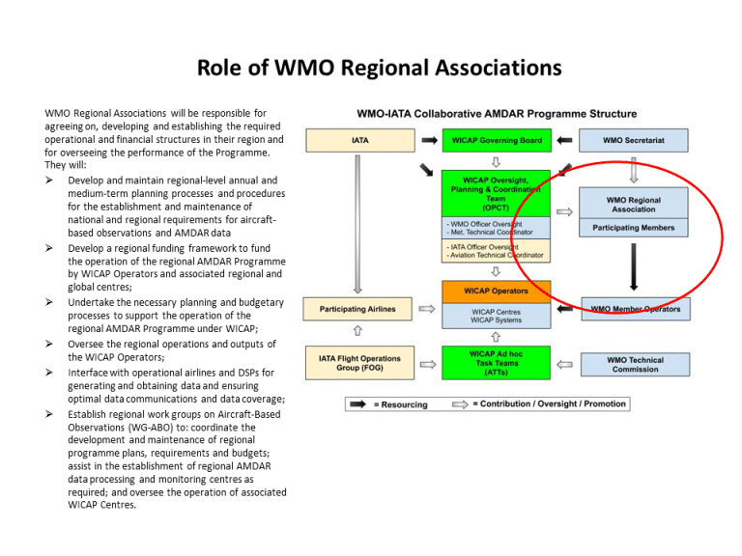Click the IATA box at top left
(358, 141)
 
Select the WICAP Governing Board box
(496, 141)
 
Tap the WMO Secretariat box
(634, 141)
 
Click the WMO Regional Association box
(634, 204)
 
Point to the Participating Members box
(634, 229)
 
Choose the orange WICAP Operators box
(496, 292)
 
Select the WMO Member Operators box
(635, 310)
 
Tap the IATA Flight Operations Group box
(358, 364)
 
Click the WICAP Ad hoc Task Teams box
(496, 364)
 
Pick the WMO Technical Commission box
(635, 364)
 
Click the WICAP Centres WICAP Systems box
(496, 316)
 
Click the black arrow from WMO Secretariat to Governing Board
(565, 141)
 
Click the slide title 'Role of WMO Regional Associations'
(379, 68)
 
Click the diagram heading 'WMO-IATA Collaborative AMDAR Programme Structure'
(497, 114)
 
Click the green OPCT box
(496, 192)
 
